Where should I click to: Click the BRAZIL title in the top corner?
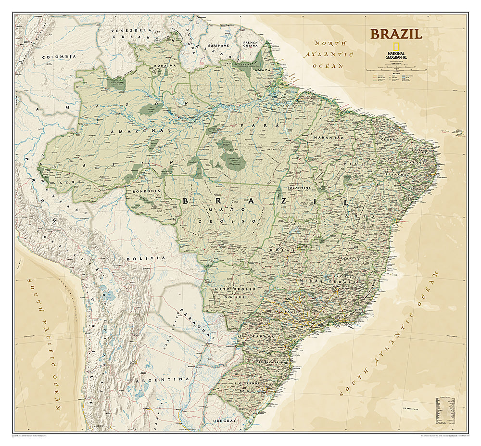(396, 34)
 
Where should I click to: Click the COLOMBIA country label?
(59, 57)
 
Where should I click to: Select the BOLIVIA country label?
(139, 259)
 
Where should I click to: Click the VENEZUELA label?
(124, 31)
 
